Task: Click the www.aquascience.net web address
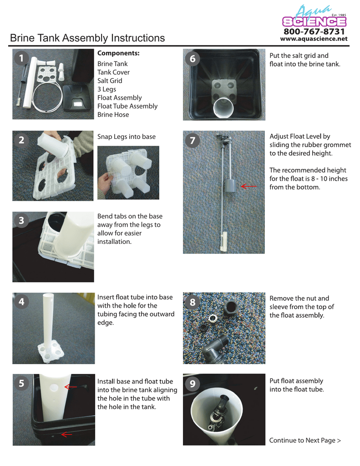pyautogui.click(x=314, y=39)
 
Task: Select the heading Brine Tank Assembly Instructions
pyautogui.click(x=87, y=38)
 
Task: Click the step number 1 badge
pyautogui.click(x=21, y=58)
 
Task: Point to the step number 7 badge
pyautogui.click(x=193, y=141)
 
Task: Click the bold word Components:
pyautogui.click(x=118, y=54)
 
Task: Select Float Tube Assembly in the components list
pyautogui.click(x=127, y=106)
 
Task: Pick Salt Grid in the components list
pyautogui.click(x=110, y=81)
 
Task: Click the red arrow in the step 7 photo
pyautogui.click(x=248, y=186)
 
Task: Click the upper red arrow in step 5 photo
pyautogui.click(x=70, y=387)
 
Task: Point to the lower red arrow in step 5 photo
pyautogui.click(x=66, y=435)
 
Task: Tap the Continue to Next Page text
pyautogui.click(x=304, y=440)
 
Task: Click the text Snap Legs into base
pyautogui.click(x=126, y=137)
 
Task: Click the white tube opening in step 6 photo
pyautogui.click(x=223, y=108)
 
